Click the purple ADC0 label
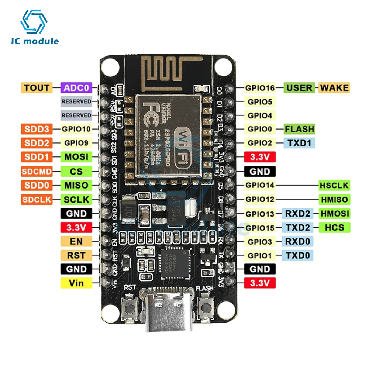tap(77, 88)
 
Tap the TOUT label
tap(37, 88)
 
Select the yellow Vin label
tap(77, 283)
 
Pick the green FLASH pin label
tap(299, 129)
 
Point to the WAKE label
tap(334, 88)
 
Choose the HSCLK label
tap(334, 185)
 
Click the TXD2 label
tap(298, 227)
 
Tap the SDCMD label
tap(37, 171)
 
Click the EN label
tap(77, 241)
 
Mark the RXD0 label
tap(298, 241)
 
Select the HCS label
tap(334, 227)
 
